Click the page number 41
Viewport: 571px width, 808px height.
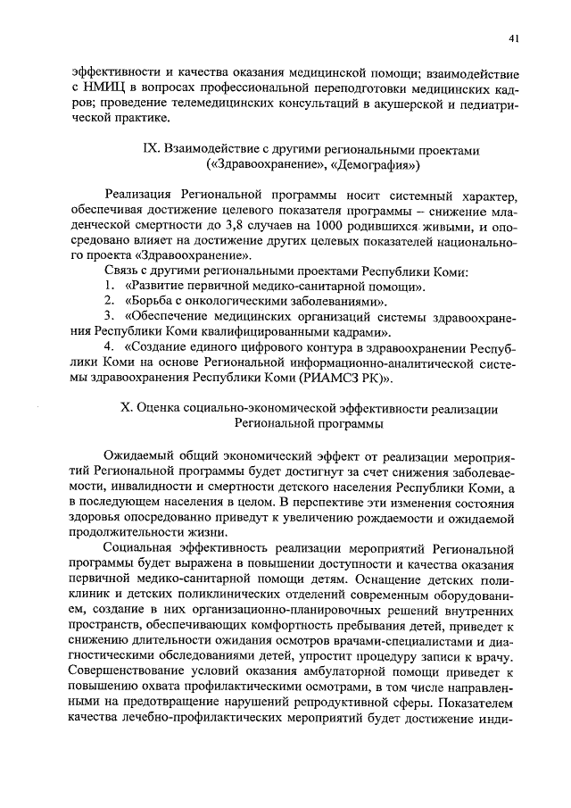coord(515,37)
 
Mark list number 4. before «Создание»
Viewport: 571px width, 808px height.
coord(109,357)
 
